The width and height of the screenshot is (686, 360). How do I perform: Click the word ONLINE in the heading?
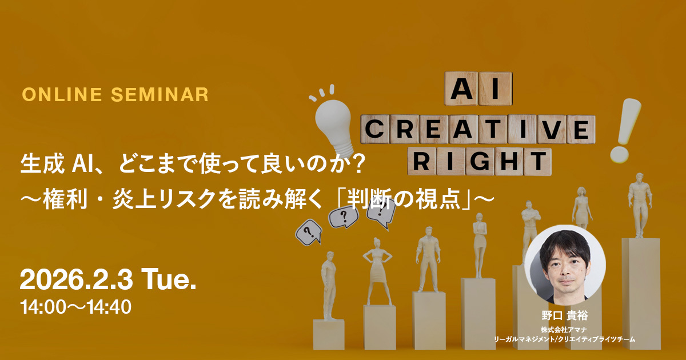click(62, 95)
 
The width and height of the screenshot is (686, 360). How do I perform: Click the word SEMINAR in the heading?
click(160, 95)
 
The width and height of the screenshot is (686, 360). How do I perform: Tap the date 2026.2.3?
click(76, 280)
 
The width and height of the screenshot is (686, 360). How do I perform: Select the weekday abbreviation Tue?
click(169, 280)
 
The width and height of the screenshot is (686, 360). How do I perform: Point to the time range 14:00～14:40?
click(75, 307)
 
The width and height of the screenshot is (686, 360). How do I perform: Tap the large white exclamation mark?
click(625, 130)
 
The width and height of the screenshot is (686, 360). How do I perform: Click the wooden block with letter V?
click(551, 129)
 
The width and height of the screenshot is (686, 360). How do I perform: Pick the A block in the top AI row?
click(461, 89)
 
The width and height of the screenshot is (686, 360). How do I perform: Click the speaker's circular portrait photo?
click(565, 265)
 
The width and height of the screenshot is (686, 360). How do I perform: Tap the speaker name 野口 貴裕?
click(565, 315)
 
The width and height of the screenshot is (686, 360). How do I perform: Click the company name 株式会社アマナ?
click(564, 330)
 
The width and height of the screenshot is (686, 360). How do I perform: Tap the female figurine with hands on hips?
click(377, 271)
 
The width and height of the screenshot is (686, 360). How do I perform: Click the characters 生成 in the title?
click(42, 164)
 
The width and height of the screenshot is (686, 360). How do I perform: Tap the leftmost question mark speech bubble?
click(309, 233)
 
